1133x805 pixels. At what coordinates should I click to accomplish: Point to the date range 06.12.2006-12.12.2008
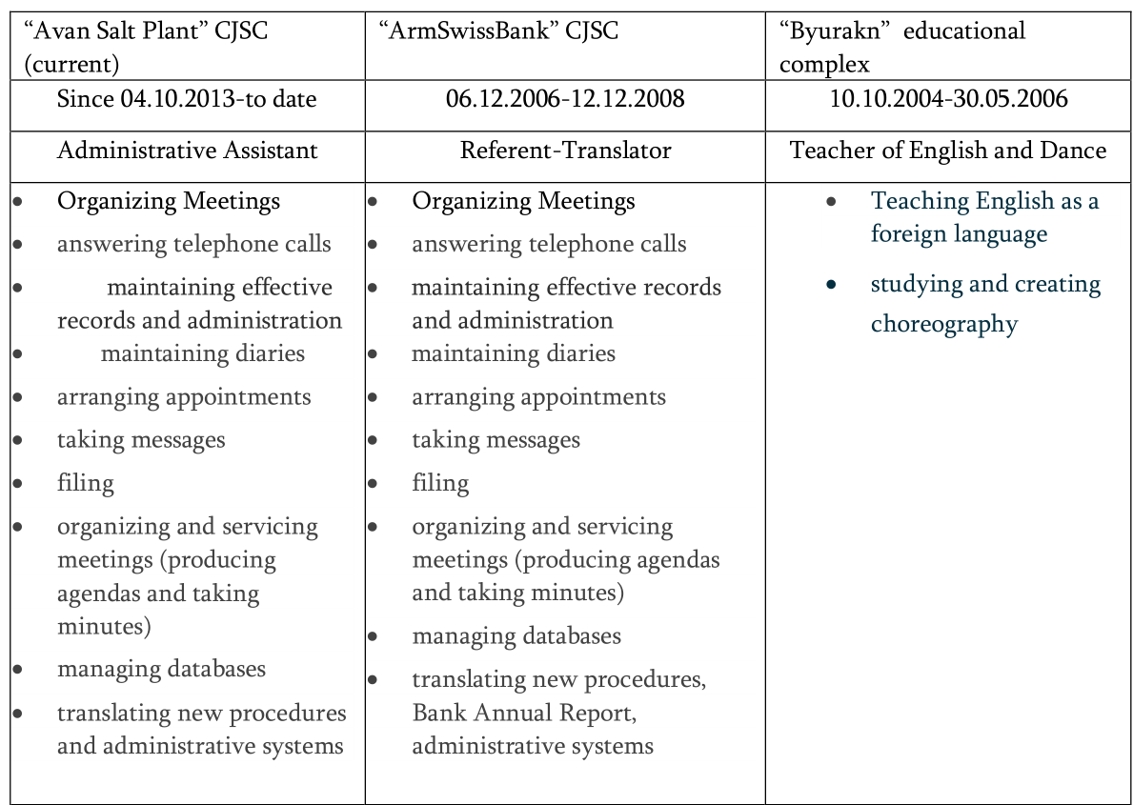(565, 98)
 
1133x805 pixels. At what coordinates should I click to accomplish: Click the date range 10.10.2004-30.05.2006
(948, 98)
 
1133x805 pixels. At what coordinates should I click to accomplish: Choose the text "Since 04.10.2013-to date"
(187, 98)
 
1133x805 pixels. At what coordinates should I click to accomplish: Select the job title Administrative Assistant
(188, 151)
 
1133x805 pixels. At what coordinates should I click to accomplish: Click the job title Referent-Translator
(565, 151)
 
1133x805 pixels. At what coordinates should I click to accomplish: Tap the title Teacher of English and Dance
(948, 151)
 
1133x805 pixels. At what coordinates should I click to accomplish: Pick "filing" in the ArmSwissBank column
(440, 483)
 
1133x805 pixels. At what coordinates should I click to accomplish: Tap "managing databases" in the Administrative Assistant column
(161, 669)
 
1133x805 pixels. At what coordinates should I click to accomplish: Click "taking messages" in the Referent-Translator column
(496, 439)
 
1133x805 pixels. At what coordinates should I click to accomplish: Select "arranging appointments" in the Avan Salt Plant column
(184, 396)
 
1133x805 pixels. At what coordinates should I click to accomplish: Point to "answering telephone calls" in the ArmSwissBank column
(548, 244)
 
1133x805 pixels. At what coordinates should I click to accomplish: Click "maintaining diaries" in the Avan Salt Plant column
(203, 353)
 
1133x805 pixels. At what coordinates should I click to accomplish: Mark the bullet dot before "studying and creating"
(832, 285)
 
